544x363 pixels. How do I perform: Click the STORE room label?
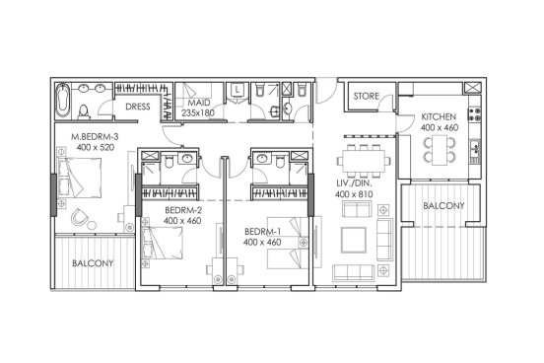pos(366,96)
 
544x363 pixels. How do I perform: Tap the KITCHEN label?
pos(439,116)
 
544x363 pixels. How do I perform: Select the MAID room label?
pos(199,103)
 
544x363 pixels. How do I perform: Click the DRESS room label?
pos(138,107)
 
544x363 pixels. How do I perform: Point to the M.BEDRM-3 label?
pos(95,136)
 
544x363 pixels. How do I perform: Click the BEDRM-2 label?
pos(183,210)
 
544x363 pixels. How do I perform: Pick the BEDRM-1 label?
pos(262,232)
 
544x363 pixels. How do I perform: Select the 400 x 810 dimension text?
pos(354,194)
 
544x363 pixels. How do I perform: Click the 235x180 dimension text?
pos(198,112)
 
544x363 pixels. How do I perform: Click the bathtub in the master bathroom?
pos(63,100)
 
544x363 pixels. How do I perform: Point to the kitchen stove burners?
pos(475,114)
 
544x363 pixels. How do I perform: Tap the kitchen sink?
pos(475,147)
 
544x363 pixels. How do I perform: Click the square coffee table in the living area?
pos(354,240)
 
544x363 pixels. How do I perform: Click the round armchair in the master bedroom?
pos(80,218)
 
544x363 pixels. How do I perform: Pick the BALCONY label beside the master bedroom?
pos(93,263)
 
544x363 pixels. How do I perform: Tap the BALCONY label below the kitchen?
pos(443,206)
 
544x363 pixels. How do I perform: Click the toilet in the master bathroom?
pos(84,111)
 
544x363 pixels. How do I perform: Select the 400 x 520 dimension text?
pos(96,147)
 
